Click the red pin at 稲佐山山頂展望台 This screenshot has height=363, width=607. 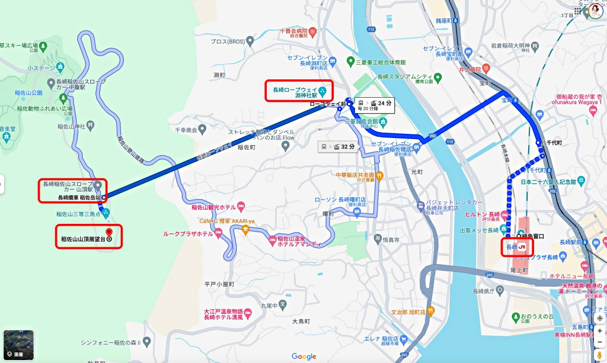click(108, 232)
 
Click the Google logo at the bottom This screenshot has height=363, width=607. click(303, 356)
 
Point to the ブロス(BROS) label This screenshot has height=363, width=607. click(228, 41)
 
